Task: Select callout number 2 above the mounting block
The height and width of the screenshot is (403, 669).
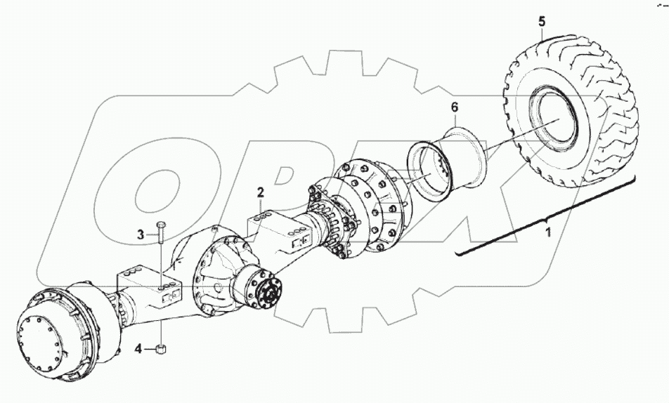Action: [260, 192]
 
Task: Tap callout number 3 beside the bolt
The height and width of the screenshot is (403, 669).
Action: [141, 234]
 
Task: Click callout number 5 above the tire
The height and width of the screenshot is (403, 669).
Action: [541, 20]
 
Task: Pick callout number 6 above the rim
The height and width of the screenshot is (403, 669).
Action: [454, 107]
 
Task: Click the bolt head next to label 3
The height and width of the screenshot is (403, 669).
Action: [161, 225]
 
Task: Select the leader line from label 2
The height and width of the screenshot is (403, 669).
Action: [261, 208]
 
